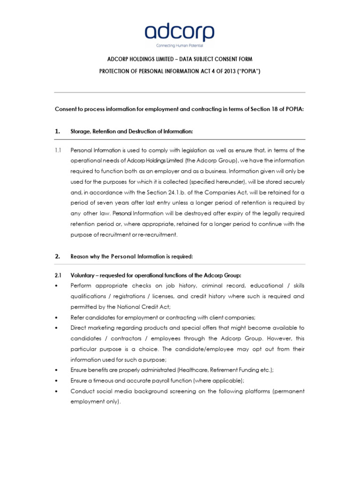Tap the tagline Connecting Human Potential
coord(180,46)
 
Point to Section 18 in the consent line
coord(267,109)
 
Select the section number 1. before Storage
coord(58,132)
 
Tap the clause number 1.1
coord(58,150)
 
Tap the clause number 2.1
coord(58,275)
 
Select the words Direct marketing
coord(94,328)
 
